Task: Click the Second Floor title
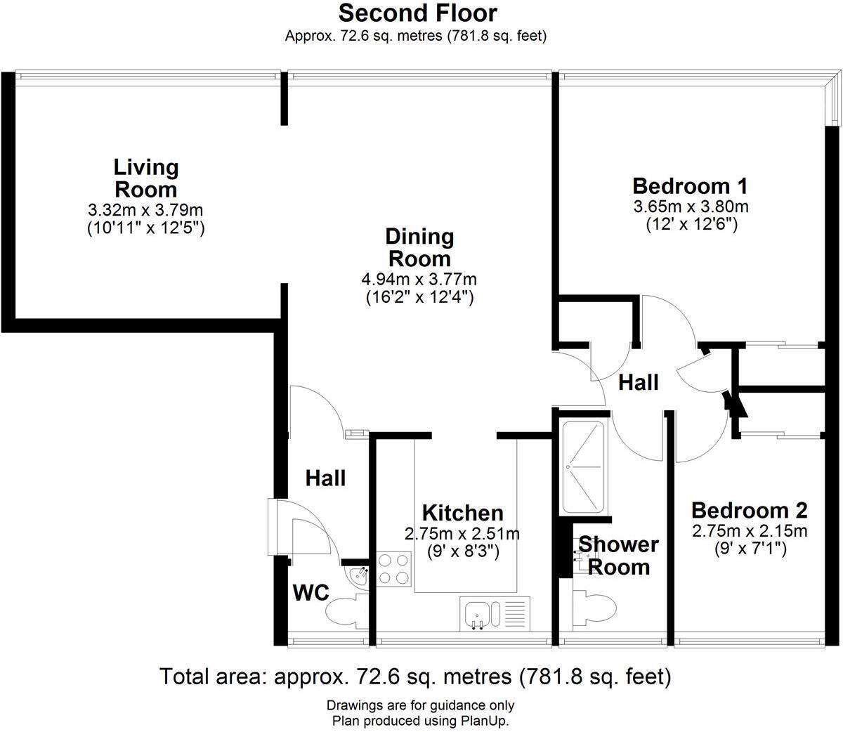pyautogui.click(x=417, y=13)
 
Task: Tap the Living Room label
pyautogui.click(x=146, y=178)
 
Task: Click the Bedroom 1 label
pyautogui.click(x=689, y=186)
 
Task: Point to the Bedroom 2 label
pyautogui.click(x=750, y=510)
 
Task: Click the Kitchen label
pyautogui.click(x=462, y=513)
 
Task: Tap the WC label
pyautogui.click(x=311, y=592)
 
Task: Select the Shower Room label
pyautogui.click(x=618, y=555)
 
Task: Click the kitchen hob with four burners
pyautogui.click(x=393, y=569)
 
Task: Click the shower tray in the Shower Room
pyautogui.click(x=582, y=466)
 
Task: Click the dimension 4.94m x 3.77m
pyautogui.click(x=419, y=279)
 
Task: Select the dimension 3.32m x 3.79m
pyautogui.click(x=145, y=209)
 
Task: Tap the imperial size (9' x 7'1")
pyautogui.click(x=750, y=547)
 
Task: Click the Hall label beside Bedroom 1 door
pyautogui.click(x=639, y=383)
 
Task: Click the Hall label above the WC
pyautogui.click(x=325, y=478)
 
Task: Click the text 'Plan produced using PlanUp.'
pyautogui.click(x=420, y=721)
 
